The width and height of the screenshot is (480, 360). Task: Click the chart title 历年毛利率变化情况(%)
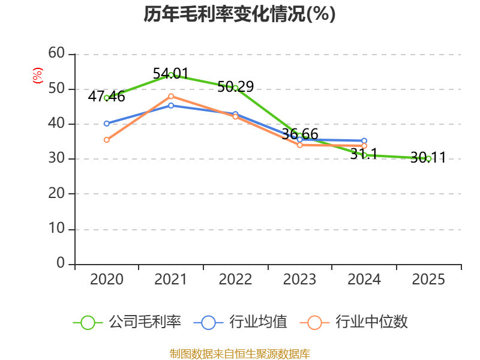(239, 14)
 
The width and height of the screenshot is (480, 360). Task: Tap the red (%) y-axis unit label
(38, 76)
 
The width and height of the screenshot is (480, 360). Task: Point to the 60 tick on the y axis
(56, 53)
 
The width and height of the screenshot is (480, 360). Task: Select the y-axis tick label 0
(61, 263)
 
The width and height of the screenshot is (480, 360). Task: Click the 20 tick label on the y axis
(56, 193)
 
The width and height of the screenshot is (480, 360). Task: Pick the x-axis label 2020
(107, 279)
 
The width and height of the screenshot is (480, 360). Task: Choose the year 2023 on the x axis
(299, 279)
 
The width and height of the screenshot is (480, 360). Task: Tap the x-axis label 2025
(428, 279)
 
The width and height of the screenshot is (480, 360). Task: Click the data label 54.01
(171, 74)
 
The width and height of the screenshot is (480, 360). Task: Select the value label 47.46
(107, 97)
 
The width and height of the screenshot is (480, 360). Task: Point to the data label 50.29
(236, 86)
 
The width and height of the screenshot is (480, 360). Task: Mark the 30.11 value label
(428, 158)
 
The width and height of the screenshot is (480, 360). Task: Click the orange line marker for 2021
(171, 97)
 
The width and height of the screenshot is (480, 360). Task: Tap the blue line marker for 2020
(107, 124)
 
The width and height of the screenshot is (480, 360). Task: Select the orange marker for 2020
(107, 140)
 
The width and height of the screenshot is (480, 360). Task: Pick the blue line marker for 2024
(364, 141)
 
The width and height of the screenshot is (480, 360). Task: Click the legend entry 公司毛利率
(127, 322)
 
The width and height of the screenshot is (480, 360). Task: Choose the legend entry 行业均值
(241, 322)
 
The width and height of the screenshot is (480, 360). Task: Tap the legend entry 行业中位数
(354, 322)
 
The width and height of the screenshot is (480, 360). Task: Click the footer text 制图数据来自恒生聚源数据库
(239, 354)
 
